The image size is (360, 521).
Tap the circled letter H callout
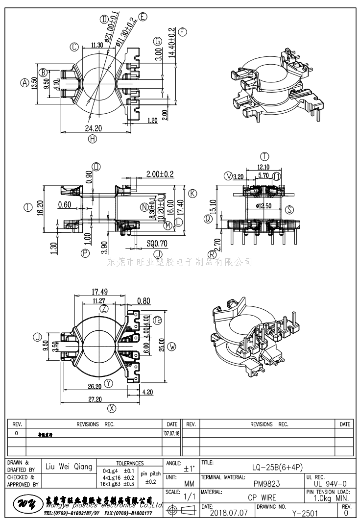[93, 138]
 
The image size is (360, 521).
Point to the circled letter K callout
[192, 194]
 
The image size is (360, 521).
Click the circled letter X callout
[112, 408]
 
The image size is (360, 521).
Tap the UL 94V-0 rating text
[328, 483]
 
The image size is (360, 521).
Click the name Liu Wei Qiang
[69, 467]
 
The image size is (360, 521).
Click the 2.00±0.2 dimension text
[160, 174]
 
